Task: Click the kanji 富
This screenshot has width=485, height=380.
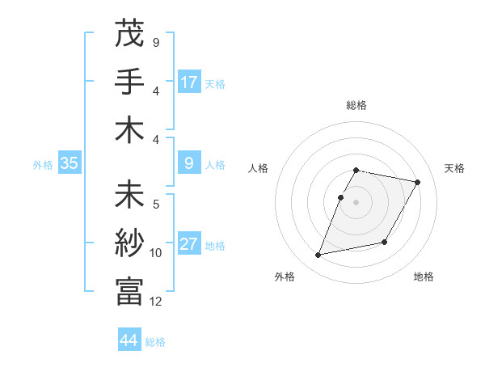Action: point(129,292)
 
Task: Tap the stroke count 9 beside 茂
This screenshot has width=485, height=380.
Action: point(156,42)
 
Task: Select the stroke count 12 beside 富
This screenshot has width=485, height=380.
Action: point(156,302)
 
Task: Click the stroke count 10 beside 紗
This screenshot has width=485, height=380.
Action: point(156,253)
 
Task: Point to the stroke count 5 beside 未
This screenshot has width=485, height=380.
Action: point(156,204)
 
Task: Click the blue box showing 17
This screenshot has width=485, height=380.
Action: point(189,82)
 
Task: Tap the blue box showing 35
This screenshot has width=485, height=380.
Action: point(70,163)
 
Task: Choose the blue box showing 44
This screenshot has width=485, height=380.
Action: point(129,340)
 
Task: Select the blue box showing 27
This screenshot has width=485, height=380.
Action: point(189,244)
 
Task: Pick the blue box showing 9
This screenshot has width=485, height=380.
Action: point(189,163)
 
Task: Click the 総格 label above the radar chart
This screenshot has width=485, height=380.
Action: point(356,105)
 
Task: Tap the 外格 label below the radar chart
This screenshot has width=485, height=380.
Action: point(285,277)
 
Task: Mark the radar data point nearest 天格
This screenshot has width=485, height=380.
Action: point(417,183)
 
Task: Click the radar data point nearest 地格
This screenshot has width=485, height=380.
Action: point(385,243)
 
